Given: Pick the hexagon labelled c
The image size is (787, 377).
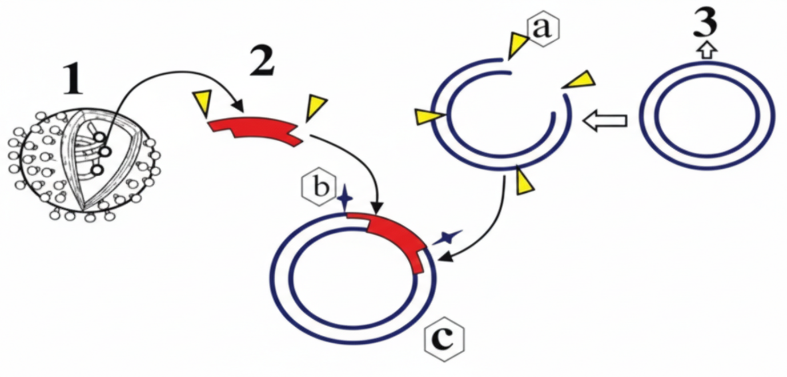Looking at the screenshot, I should click(443, 341).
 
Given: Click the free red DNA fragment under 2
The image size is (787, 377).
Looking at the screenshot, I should click(255, 129).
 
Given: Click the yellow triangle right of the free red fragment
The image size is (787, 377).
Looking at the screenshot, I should click(315, 107).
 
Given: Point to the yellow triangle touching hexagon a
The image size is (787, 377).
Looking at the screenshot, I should click(517, 44).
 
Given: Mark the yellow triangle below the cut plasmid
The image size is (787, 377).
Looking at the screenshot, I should click(526, 183).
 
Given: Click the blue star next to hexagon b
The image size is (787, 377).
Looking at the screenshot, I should click(344, 199).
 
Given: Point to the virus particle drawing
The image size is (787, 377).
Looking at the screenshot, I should click(84, 162).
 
